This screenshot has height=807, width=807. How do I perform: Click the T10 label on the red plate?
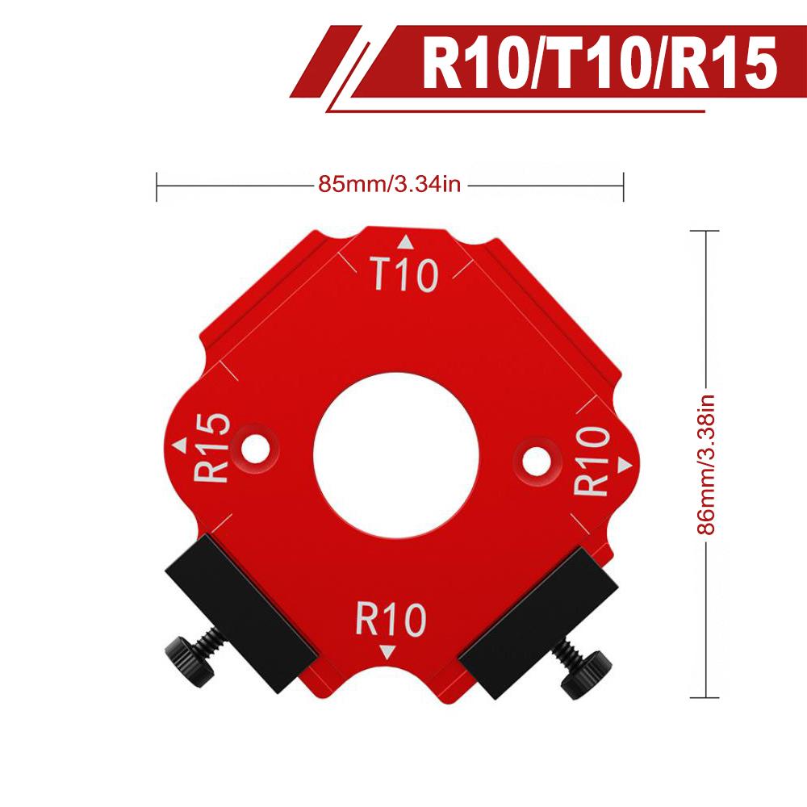[404, 275]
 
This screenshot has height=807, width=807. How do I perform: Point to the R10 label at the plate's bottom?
[390, 621]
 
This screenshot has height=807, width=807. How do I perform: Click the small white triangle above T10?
[406, 242]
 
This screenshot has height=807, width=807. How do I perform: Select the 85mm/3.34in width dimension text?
[389, 185]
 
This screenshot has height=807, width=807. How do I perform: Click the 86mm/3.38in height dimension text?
[706, 465]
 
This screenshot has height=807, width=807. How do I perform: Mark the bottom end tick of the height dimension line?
[706, 698]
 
